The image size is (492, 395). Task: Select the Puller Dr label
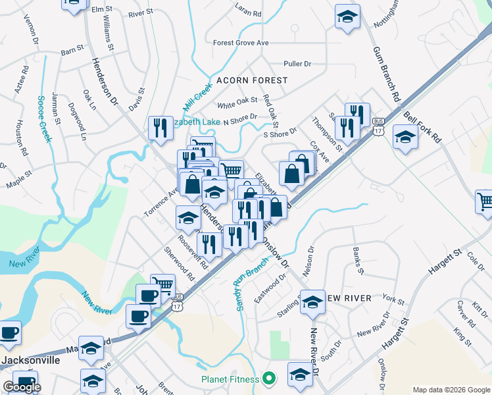[x=297, y=64]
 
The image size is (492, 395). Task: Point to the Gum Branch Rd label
[x=387, y=72]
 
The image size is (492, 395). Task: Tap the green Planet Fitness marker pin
[x=268, y=379]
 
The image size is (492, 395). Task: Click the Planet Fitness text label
[x=230, y=379]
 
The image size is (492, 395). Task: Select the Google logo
[x=22, y=387]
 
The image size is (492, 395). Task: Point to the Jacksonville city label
[x=30, y=361]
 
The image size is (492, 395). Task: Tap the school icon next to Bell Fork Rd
[x=405, y=138]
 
